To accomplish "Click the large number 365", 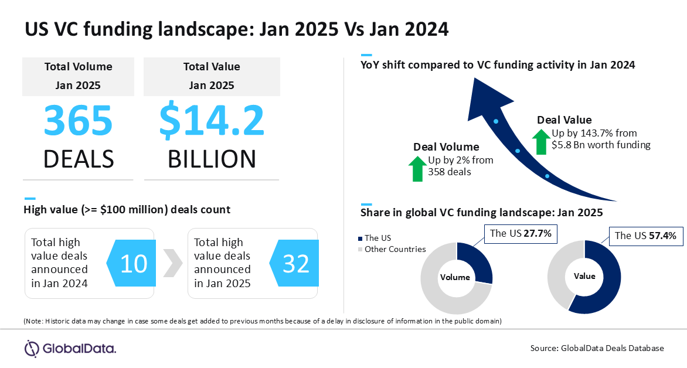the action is pos(79,120).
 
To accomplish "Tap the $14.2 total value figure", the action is pos(212,121).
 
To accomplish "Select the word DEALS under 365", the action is pos(79,159).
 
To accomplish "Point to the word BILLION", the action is pos(212,159).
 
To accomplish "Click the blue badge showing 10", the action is pos(131,263).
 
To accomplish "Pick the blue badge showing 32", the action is pos(294,263).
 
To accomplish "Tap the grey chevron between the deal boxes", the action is pos(172,263).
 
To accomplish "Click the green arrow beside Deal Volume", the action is pos(417,169).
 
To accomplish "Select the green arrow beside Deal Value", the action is pos(541,141).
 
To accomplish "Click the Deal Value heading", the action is pos(564,120).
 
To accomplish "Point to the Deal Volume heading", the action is pos(446,146).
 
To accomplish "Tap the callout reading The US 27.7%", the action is pos(521,233).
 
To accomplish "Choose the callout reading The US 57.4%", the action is pos(645,236).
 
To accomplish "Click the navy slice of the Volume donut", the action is pos(476,261).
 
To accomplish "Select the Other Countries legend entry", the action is pos(392,249).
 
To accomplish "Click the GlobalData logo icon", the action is pos(32,349).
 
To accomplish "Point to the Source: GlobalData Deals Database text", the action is pos(597,348).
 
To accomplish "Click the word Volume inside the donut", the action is pos(455,277).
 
